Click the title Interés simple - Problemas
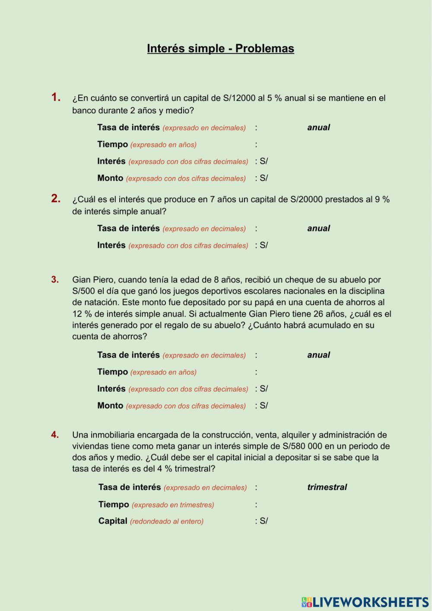click(220, 48)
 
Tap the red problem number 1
click(56, 97)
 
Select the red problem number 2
click(56, 198)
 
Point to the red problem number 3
click(55, 280)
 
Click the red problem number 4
click(55, 435)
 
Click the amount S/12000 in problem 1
click(239, 98)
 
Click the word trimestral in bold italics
click(327, 487)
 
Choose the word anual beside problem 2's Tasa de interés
click(318, 228)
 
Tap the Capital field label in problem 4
click(113, 521)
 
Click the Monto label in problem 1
click(110, 178)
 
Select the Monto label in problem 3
click(110, 406)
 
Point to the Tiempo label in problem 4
click(114, 505)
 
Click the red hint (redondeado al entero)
click(167, 521)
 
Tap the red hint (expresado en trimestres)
click(173, 505)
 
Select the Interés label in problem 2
click(111, 245)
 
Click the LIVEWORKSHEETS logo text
click(370, 602)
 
